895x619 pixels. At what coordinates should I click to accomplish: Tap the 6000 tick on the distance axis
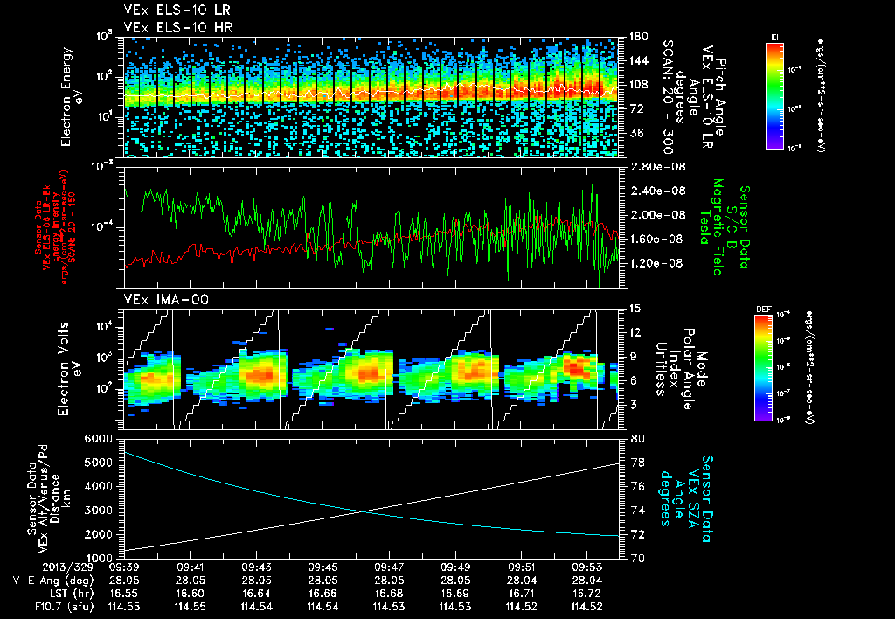(x=101, y=438)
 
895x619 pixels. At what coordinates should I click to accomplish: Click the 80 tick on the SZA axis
(x=637, y=438)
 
